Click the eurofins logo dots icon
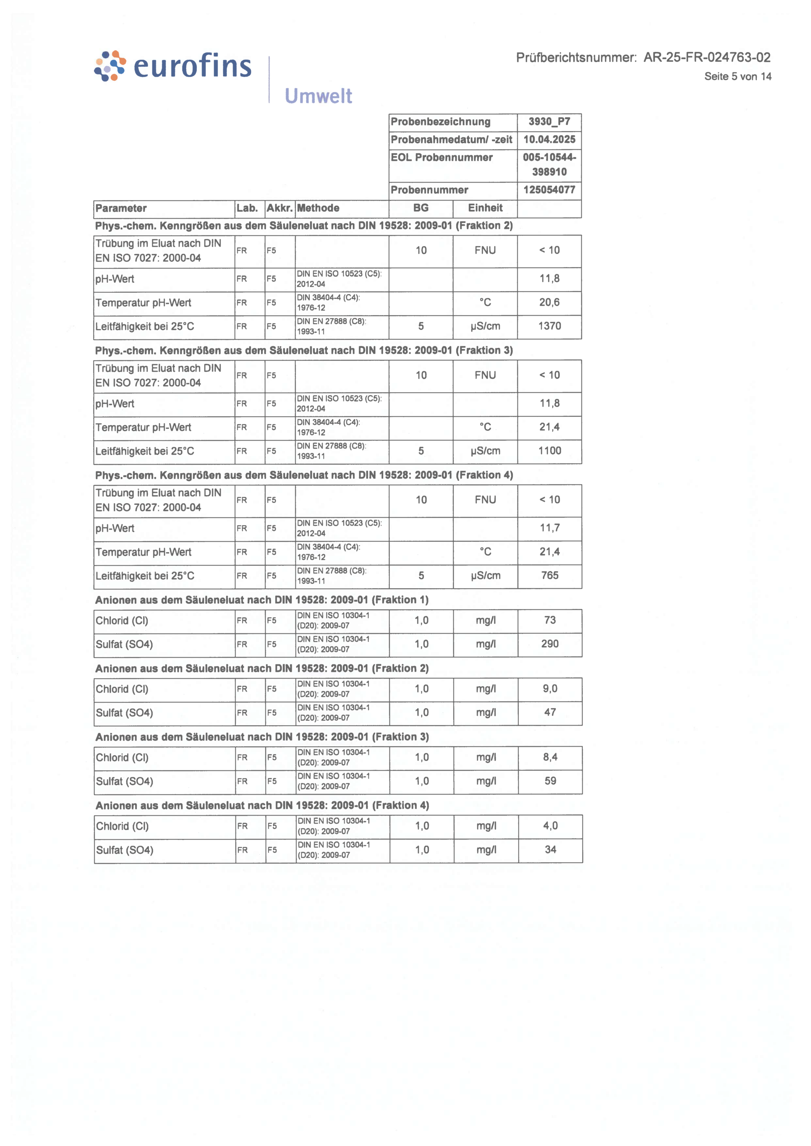(110, 65)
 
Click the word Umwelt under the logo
(318, 96)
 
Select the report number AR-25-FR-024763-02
(706, 57)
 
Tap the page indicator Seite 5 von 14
(738, 77)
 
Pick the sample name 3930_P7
(549, 122)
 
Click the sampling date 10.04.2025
(549, 140)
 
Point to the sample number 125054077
(549, 190)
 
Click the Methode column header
(318, 208)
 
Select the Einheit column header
(485, 208)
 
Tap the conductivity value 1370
(549, 326)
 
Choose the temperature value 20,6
(549, 302)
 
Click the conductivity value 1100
(549, 451)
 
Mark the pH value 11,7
(549, 528)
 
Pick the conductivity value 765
(549, 575)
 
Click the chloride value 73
(550, 620)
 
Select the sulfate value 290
(550, 644)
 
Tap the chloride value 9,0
(550, 688)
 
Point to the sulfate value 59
(551, 781)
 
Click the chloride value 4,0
(551, 826)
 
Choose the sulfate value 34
(551, 849)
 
